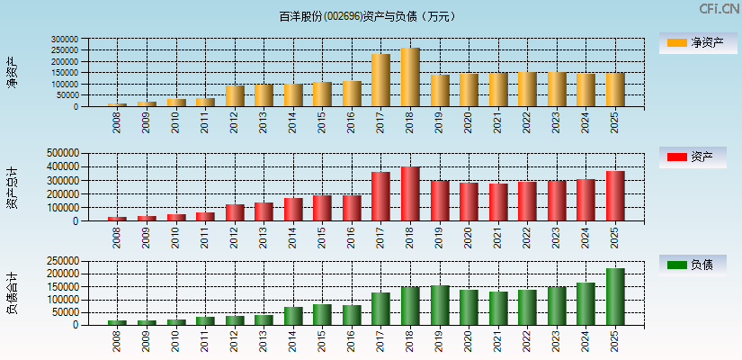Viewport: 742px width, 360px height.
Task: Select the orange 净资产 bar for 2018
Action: [410, 77]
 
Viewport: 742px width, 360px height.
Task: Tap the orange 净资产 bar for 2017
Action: [380, 80]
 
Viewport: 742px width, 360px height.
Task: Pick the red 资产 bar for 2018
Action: [410, 193]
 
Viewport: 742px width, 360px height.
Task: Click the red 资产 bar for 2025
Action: [615, 196]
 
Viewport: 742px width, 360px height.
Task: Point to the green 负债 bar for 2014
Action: [293, 315]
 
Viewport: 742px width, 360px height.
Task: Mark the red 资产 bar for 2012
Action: [235, 212]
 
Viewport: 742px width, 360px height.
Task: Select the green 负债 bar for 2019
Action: [440, 305]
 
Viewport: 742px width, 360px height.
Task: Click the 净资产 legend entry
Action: [693, 42]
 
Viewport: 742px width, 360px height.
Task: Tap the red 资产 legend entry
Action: [693, 157]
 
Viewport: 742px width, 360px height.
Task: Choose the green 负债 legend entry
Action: [693, 265]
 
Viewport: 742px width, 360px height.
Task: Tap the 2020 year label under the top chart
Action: [469, 122]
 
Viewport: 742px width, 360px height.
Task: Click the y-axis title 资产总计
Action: [13, 188]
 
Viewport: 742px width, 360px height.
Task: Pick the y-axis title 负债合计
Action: [13, 293]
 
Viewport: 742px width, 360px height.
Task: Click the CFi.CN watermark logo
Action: [720, 9]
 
